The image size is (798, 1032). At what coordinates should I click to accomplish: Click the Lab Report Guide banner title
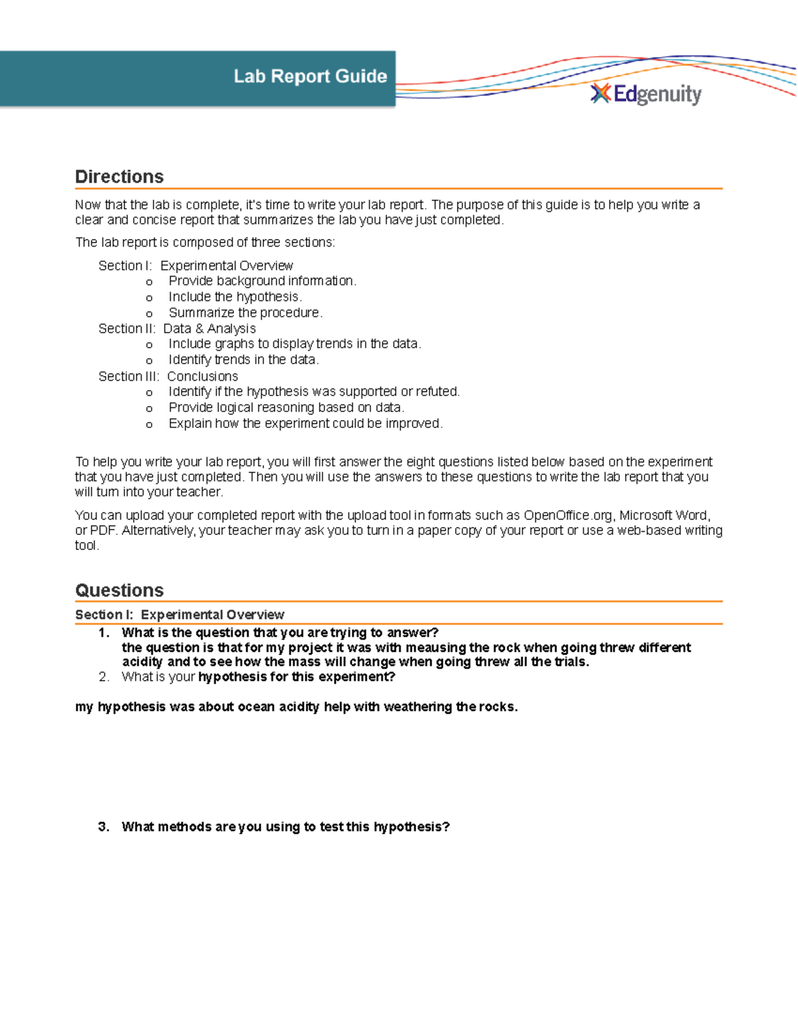coord(310,76)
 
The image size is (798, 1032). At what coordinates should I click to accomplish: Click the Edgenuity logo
coord(646,94)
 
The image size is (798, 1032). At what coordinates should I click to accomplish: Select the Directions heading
coord(120,177)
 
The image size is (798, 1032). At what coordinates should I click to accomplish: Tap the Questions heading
coord(120,590)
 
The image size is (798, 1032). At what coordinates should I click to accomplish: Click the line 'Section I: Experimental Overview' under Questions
coord(180,615)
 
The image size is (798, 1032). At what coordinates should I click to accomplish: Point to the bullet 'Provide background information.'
coord(262,281)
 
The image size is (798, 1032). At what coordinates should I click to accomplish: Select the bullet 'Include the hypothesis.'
coord(235,297)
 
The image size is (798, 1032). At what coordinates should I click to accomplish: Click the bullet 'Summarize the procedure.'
coord(245,313)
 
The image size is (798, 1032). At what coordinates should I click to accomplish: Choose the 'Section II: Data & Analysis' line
coord(177,328)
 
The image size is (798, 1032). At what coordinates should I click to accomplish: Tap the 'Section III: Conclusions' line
coord(168,376)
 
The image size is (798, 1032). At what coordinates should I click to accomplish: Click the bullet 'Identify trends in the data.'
coord(243,360)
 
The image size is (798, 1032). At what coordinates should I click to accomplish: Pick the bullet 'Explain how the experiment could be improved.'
coord(305,423)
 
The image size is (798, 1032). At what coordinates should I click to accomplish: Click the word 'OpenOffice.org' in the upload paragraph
coord(568,516)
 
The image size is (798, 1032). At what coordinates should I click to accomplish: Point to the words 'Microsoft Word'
coord(664,516)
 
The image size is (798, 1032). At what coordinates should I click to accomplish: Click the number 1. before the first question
coord(104,633)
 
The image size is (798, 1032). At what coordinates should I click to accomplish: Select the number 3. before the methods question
coord(104,827)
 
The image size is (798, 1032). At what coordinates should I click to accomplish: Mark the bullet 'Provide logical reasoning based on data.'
coord(286,407)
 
